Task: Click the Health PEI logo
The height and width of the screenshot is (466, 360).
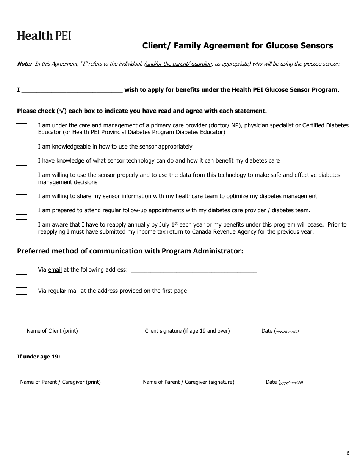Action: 44,36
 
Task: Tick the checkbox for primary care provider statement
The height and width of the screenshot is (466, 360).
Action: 21,127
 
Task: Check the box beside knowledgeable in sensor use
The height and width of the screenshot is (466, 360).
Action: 21,146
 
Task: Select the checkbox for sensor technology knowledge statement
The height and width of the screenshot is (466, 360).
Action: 21,162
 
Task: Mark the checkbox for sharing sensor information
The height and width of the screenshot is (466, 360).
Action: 21,198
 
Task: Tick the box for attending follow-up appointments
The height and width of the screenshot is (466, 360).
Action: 21,211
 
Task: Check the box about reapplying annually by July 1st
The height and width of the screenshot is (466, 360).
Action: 21,223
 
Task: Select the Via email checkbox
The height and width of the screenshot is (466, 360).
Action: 21,271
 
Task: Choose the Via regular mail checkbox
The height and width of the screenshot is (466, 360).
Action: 21,291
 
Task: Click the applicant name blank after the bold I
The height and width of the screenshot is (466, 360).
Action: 72,90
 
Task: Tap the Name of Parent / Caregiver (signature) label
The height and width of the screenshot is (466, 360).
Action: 188,382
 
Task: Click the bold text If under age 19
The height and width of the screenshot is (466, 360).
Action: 39,357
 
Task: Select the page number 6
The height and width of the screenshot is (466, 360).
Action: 348,453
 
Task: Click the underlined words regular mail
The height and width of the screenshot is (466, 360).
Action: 63,291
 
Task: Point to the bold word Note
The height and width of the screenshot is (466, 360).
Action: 25,64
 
